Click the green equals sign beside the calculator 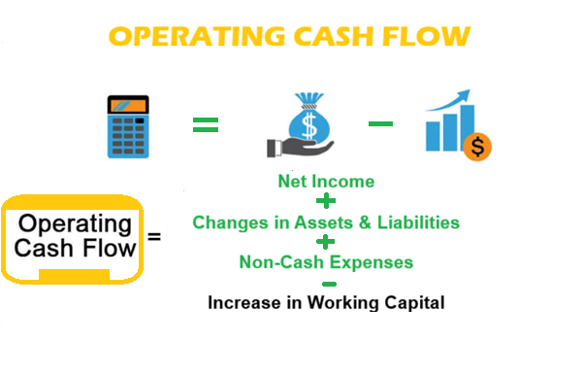pos(205,124)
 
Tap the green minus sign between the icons pos(380,123)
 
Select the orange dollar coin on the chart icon pos(477,148)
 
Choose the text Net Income pos(326,181)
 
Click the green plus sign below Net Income pos(327,202)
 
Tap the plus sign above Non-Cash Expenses pos(327,242)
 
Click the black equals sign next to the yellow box pos(153,237)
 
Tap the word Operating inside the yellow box pos(75,224)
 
